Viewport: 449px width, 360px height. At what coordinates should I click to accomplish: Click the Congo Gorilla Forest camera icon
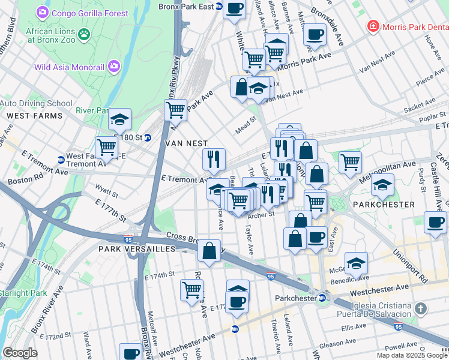point(42,12)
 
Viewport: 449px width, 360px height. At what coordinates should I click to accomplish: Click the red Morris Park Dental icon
point(373,26)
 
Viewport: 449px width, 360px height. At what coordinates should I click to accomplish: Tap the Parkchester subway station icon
point(322,298)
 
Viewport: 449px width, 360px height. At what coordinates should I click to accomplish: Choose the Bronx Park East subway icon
point(219,7)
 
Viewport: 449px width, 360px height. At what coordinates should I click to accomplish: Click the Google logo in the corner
point(19,352)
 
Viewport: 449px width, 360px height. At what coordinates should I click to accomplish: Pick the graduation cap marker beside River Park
point(119,119)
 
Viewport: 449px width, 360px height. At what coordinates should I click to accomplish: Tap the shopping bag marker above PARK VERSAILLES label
point(209,251)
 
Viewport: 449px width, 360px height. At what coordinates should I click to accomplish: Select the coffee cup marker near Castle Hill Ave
point(435,221)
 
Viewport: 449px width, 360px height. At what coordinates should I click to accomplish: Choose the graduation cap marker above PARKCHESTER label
point(382,184)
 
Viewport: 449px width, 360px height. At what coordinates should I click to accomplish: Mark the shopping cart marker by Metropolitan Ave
point(350,160)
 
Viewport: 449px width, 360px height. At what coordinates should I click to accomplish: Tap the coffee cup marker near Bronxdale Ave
point(314,34)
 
